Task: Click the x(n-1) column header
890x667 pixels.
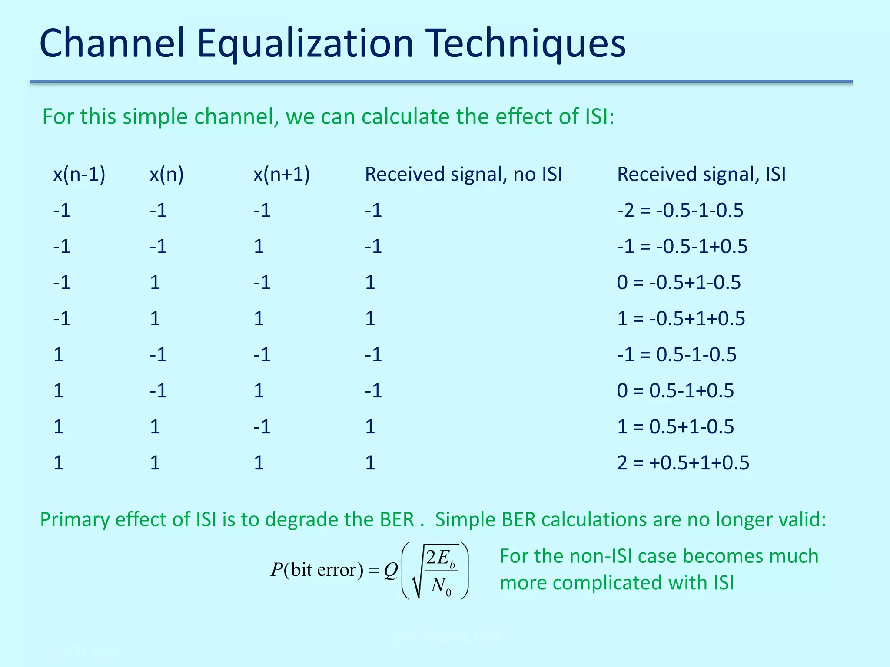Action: point(79,175)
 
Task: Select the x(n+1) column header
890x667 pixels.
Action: point(282,175)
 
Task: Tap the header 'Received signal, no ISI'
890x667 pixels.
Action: point(463,175)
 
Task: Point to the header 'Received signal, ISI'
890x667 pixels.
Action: point(701,175)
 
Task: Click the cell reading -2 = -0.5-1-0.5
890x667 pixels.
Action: point(680,211)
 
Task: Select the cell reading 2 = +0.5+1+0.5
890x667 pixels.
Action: point(683,463)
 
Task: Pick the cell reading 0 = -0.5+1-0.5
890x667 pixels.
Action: point(679,283)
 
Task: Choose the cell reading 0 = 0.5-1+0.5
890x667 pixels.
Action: point(675,391)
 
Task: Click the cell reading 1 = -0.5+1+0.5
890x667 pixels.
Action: point(681,319)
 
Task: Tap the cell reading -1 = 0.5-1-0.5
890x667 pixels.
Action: point(677,355)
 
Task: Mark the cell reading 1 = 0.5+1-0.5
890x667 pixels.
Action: point(675,427)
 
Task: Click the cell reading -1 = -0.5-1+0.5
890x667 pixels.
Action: point(682,247)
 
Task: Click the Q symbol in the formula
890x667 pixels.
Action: point(391,571)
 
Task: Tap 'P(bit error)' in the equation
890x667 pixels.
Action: point(317,570)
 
